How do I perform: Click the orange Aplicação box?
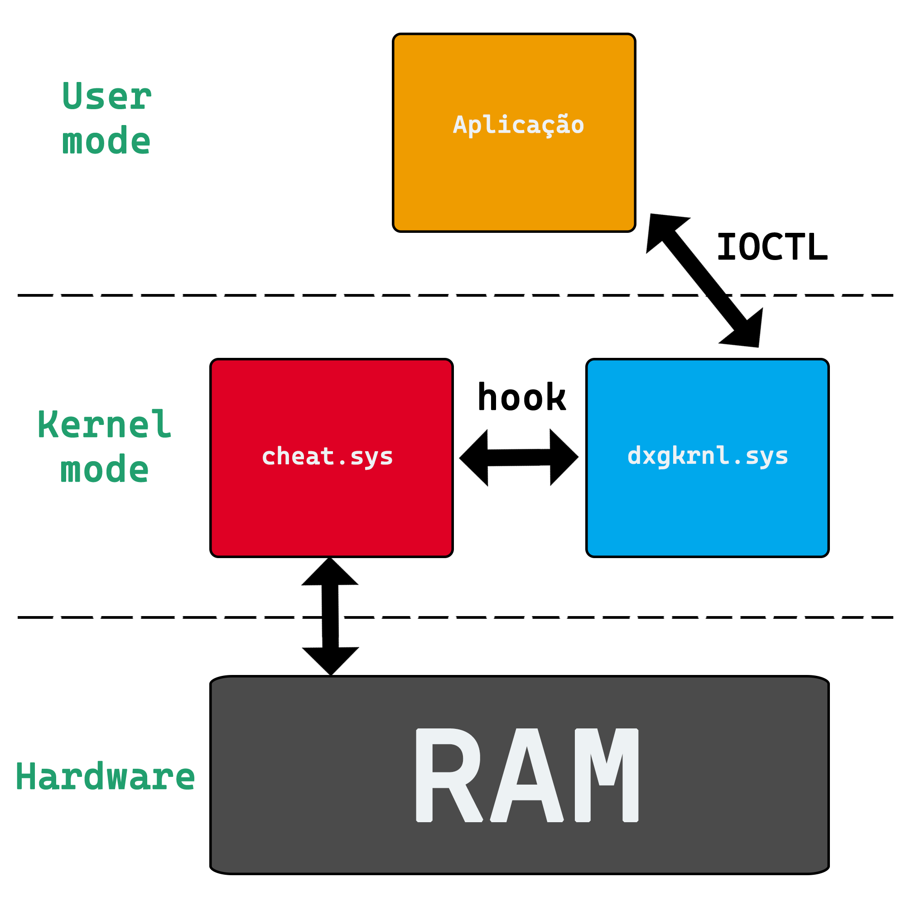tap(514, 133)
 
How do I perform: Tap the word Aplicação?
tap(518, 125)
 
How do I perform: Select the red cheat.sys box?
tap(332, 458)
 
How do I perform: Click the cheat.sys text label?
tap(328, 457)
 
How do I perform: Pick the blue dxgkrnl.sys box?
tap(708, 458)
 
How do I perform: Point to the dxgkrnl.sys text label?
tap(708, 456)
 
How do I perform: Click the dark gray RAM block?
tap(520, 775)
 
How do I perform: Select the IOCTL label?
tap(772, 247)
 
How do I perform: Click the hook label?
tap(521, 397)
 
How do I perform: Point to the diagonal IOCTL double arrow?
tap(704, 280)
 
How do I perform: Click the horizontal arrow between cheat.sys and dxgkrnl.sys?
tap(519, 457)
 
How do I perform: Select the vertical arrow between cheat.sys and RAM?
tap(330, 616)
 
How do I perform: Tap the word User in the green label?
tap(107, 96)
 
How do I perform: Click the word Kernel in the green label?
tap(105, 424)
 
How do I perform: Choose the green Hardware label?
tap(105, 776)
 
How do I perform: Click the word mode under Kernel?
tap(105, 469)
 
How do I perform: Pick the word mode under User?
tap(106, 140)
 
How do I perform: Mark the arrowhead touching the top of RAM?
tap(331, 661)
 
